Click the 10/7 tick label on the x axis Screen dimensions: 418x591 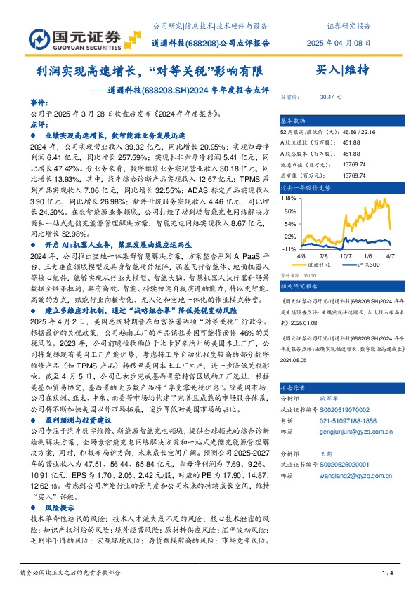tap(345, 257)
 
